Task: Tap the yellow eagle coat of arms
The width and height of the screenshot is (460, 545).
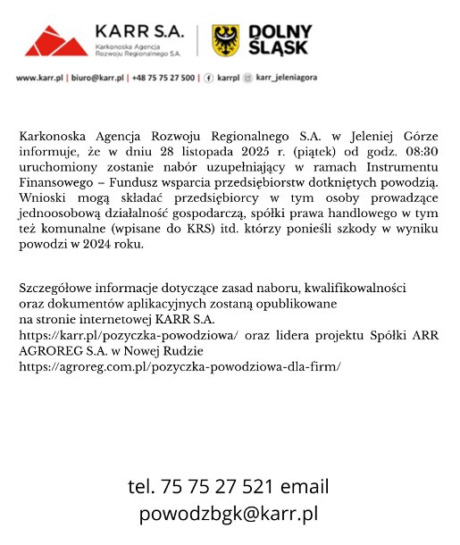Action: [226, 40]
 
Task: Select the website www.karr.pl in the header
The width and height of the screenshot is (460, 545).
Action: [39, 79]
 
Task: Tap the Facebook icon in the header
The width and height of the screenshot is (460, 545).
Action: [209, 79]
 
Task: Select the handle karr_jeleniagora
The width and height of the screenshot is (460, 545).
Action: [288, 79]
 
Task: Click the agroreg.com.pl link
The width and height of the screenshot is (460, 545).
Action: [180, 365]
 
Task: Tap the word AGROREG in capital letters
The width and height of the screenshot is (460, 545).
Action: [52, 350]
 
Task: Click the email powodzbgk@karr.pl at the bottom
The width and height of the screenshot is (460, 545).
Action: [229, 514]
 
